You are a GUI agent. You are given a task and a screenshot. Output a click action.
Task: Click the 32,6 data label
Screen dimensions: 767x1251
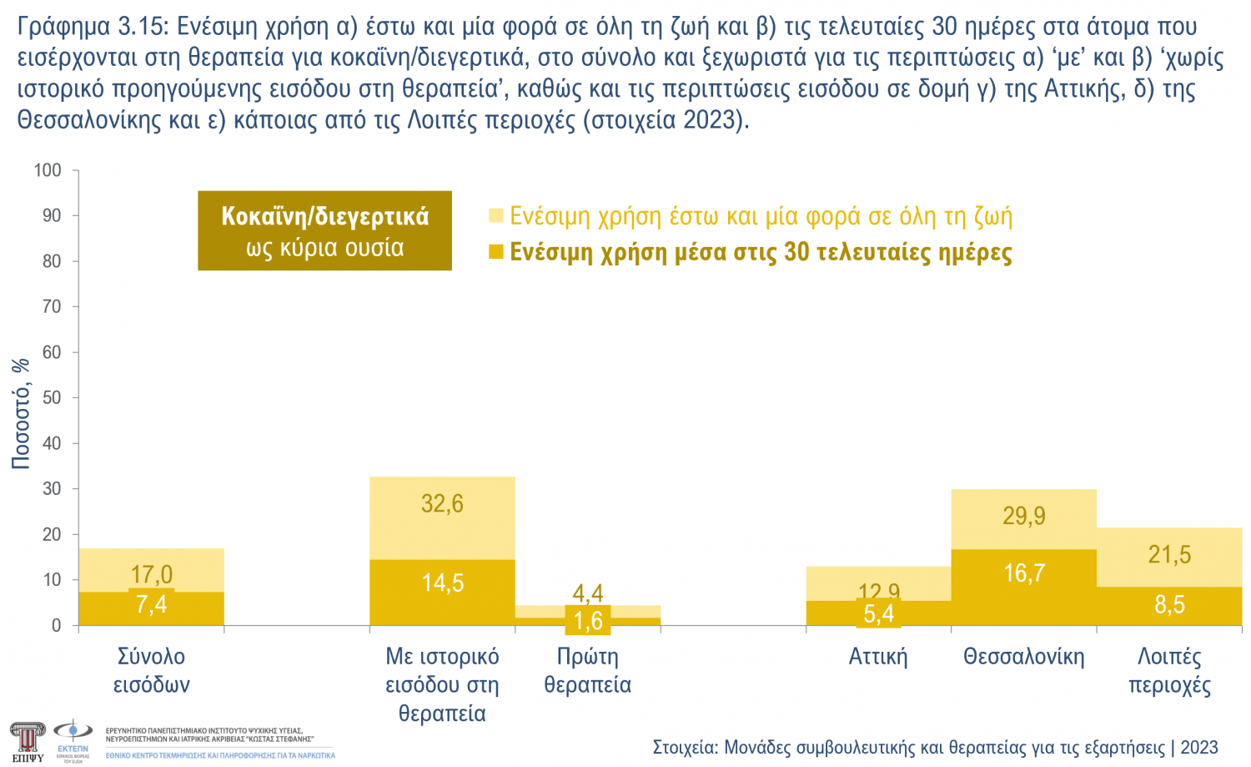(442, 504)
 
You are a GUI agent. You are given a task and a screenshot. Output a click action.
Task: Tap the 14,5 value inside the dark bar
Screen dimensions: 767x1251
(442, 583)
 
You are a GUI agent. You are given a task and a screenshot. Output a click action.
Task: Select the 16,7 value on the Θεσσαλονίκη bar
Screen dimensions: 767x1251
(1023, 573)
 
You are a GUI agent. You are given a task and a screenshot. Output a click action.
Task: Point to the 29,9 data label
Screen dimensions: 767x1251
(1023, 516)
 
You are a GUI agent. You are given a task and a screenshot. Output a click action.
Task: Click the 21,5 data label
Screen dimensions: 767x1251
(1169, 554)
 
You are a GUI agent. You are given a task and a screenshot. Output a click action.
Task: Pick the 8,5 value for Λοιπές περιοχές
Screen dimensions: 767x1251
(1169, 604)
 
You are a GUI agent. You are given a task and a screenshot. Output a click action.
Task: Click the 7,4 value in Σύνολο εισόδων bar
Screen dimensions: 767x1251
(151, 604)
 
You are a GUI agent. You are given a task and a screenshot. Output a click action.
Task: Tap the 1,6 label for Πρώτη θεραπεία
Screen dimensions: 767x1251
(588, 621)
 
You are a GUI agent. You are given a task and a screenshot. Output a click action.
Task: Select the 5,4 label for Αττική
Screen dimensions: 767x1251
(878, 614)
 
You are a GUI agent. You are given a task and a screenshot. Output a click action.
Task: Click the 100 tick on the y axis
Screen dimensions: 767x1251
(48, 170)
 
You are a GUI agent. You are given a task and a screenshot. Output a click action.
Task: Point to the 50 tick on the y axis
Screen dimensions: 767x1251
(52, 397)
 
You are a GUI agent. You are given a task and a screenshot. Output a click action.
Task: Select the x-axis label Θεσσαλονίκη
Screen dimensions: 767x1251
(1023, 657)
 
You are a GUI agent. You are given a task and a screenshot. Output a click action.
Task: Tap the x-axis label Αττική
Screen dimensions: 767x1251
(878, 657)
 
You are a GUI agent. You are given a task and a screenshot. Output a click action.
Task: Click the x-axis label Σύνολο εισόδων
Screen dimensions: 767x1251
(151, 670)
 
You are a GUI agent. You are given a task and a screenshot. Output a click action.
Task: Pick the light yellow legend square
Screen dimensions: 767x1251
(496, 216)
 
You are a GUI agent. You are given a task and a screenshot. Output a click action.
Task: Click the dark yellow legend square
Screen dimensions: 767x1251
(496, 252)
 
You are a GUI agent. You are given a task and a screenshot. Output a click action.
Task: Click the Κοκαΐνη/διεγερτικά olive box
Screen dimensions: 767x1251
(324, 231)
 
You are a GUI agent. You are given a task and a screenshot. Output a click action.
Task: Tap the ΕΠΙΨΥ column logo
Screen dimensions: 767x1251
(27, 741)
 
